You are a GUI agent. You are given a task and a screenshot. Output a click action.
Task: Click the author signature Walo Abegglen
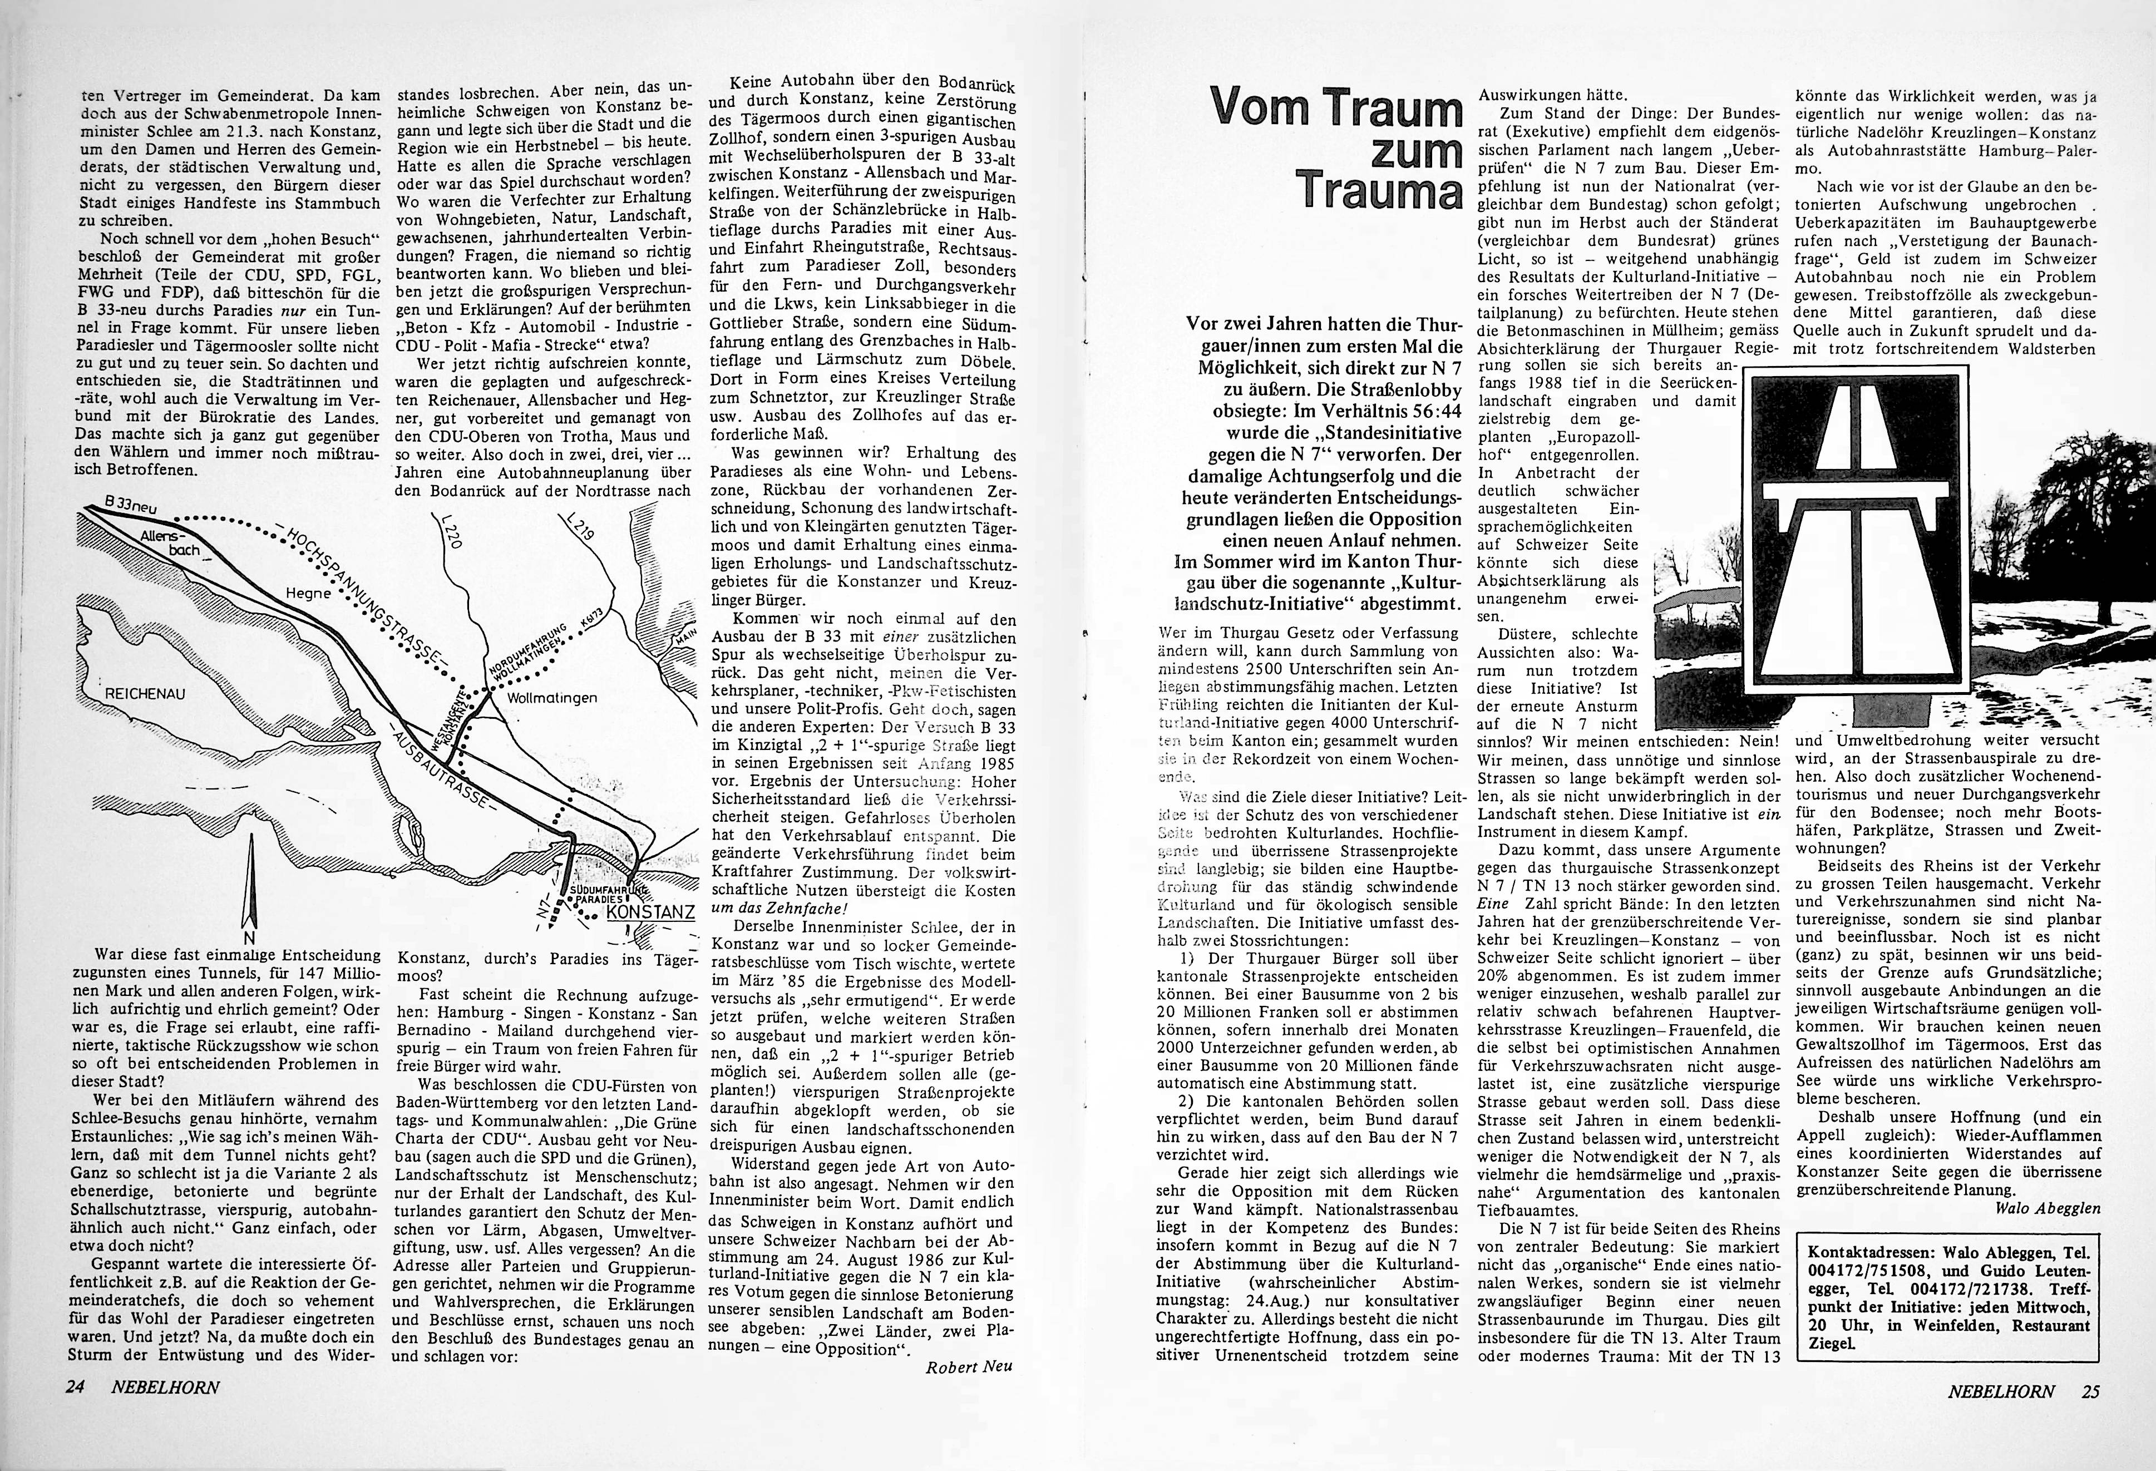(2046, 1208)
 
